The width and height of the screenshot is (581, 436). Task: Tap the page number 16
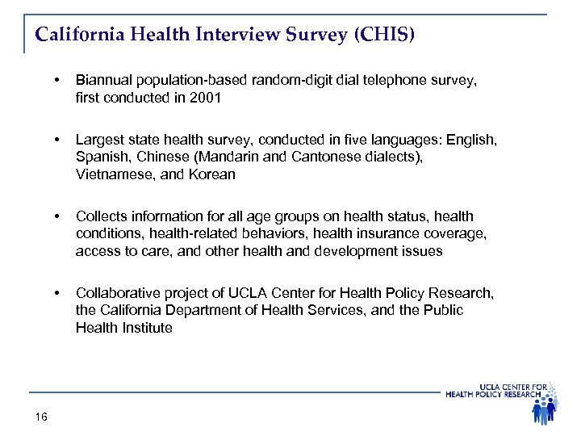click(42, 417)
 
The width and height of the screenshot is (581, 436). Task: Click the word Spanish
click(102, 157)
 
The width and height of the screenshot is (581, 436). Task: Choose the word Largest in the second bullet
click(100, 140)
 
